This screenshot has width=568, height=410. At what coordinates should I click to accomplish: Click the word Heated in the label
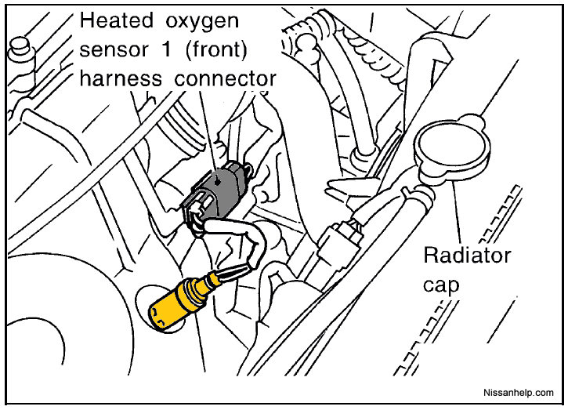[x=116, y=20]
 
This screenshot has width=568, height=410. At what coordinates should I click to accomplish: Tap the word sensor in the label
[x=114, y=49]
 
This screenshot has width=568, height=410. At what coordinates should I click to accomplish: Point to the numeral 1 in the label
[x=166, y=49]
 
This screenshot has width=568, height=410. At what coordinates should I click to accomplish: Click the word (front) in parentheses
[x=216, y=49]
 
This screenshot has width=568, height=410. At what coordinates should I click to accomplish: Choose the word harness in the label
[x=121, y=78]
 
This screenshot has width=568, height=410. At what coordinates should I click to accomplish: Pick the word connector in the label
[x=226, y=78]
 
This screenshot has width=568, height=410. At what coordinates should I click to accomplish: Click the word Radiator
[x=467, y=256]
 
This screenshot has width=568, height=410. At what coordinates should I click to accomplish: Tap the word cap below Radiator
[x=441, y=286]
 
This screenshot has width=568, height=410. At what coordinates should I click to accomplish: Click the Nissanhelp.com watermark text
[x=519, y=393]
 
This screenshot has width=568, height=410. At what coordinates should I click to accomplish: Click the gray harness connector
[x=216, y=195]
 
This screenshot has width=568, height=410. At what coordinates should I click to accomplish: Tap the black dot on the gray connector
[x=217, y=182]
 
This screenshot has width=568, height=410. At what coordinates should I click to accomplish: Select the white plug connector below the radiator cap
[x=339, y=238]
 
